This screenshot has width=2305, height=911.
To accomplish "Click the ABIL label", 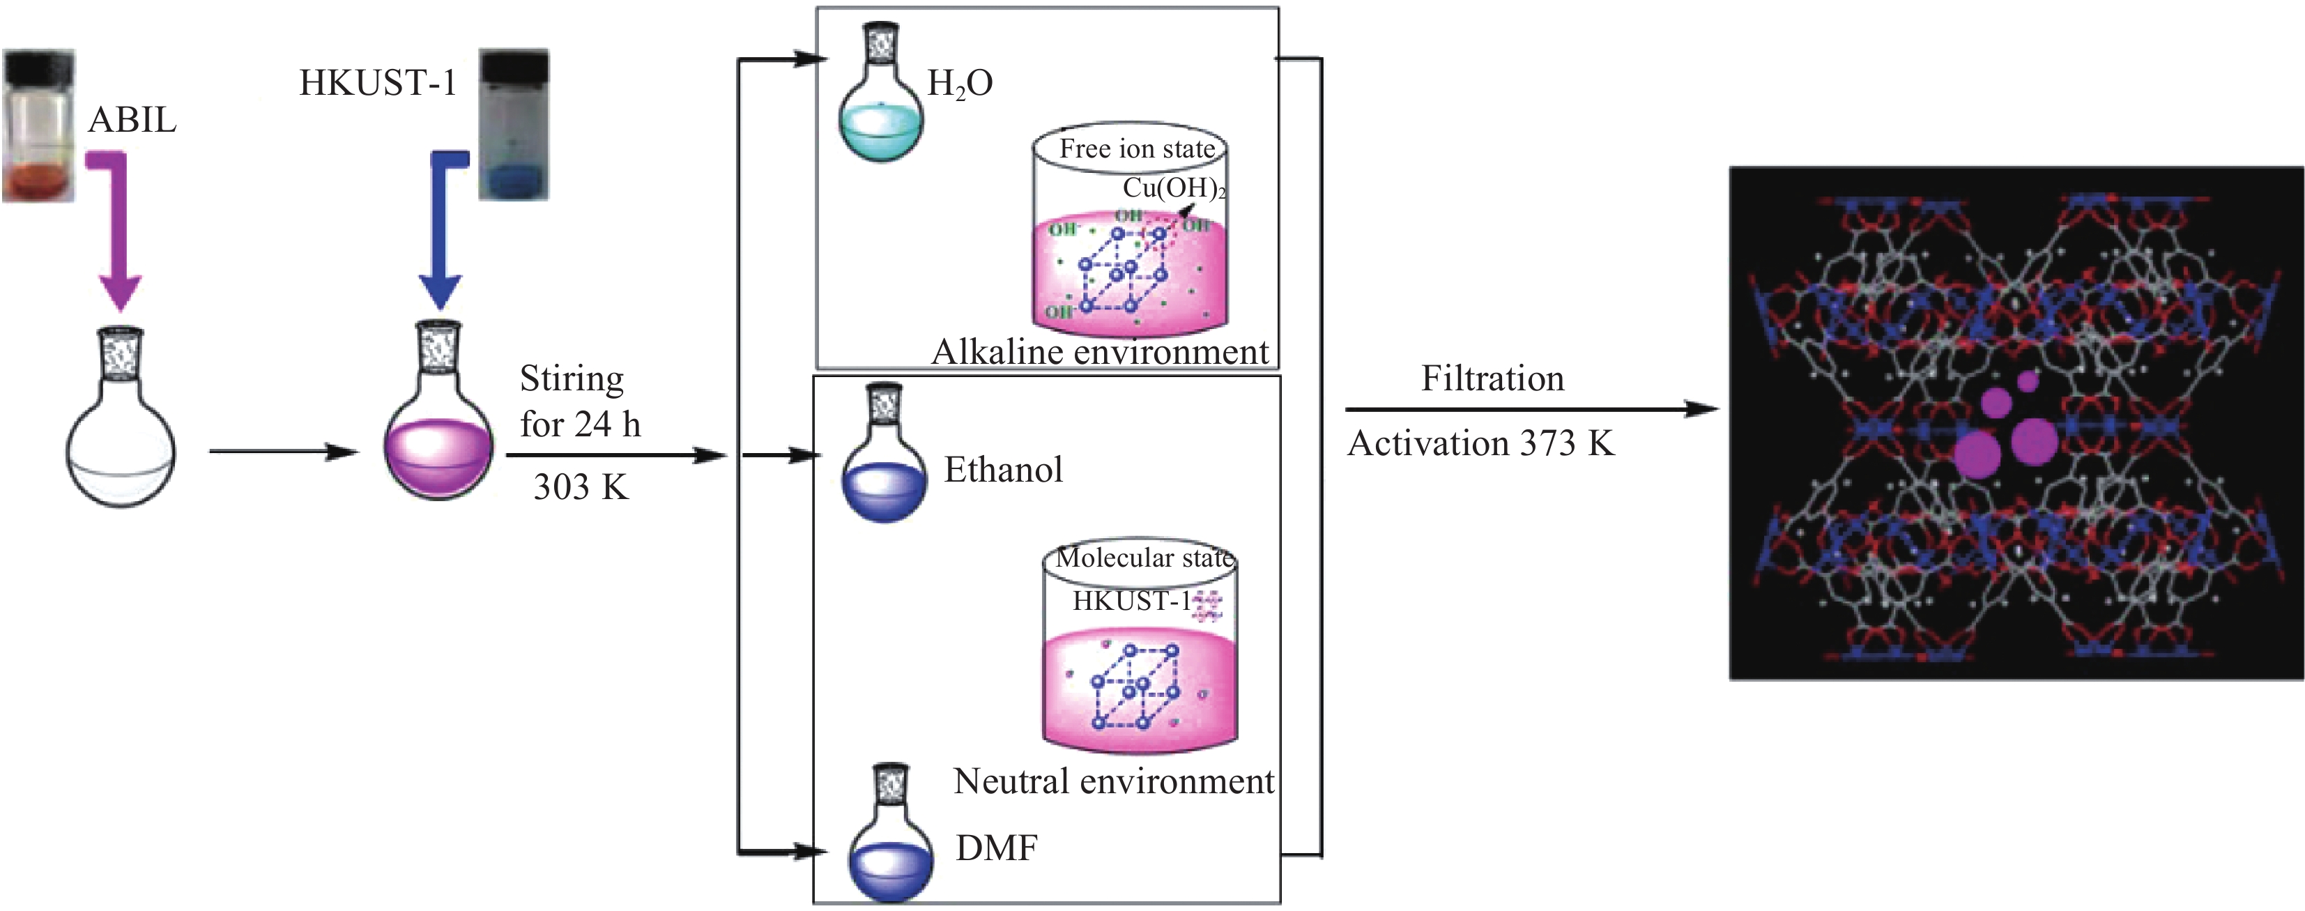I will click(132, 120).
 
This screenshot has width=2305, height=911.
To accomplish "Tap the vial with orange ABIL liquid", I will click(39, 125).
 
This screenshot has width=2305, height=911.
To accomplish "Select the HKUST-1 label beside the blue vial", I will click(378, 83).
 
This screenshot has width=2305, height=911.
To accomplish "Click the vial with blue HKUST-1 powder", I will click(514, 124).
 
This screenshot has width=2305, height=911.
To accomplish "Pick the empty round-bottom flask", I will click(121, 429).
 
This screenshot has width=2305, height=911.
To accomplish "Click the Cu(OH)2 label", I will click(1173, 188).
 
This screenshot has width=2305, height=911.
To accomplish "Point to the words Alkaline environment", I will click(1100, 352).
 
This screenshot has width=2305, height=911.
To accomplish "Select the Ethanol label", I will click(1003, 470).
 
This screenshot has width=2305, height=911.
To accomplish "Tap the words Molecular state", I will click(1144, 558).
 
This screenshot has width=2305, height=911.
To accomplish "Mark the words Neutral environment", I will click(1113, 781).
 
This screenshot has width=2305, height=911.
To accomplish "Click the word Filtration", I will click(1492, 378).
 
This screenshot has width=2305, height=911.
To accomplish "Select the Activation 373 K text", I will click(1481, 444).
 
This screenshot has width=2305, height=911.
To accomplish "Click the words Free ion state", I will click(1136, 148).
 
